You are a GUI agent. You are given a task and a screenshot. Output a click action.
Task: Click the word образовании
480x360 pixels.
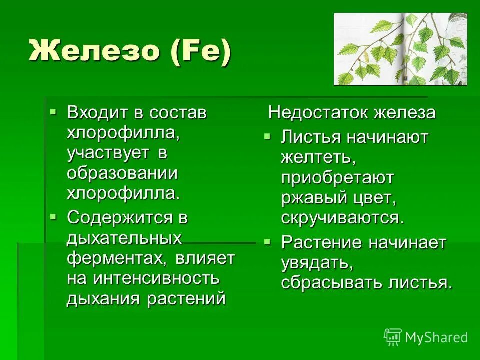[x=122, y=173]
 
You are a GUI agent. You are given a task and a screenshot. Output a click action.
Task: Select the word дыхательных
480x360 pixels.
[x=124, y=238]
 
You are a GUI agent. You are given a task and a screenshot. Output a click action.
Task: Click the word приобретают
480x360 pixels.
[x=337, y=178]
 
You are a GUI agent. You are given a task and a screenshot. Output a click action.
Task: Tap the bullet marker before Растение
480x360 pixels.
[x=267, y=241]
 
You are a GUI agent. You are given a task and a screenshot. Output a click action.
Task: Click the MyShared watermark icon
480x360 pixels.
[x=393, y=337]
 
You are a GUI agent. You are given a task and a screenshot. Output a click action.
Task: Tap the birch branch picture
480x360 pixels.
[x=400, y=49]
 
